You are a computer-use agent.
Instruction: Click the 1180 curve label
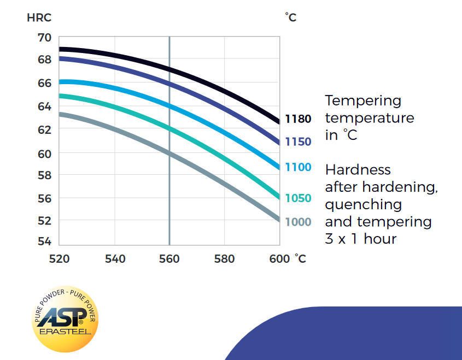tap(298, 119)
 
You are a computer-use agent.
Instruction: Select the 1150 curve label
tap(298, 142)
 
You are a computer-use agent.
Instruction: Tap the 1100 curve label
tap(298, 167)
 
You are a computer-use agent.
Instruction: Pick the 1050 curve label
tap(298, 198)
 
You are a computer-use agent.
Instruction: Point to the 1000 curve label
tap(298, 222)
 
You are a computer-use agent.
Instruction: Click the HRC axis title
tap(39, 17)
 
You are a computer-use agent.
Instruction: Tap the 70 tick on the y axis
tap(45, 38)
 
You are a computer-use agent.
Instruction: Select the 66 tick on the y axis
tap(45, 83)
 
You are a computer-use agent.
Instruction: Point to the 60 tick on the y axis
tap(45, 154)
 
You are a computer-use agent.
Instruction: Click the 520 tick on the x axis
tap(59, 258)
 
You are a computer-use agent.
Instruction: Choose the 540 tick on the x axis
tap(115, 258)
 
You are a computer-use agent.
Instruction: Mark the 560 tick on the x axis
tap(169, 258)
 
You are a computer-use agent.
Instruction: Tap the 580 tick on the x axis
tap(224, 258)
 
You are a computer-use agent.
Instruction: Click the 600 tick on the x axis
tap(279, 258)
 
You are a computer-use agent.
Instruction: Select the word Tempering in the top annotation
tap(363, 101)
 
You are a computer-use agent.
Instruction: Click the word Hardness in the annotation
tap(358, 170)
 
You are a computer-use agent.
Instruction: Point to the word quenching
tap(363, 204)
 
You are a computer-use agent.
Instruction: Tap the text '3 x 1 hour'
tap(360, 239)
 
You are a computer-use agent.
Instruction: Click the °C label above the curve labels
tap(291, 17)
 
